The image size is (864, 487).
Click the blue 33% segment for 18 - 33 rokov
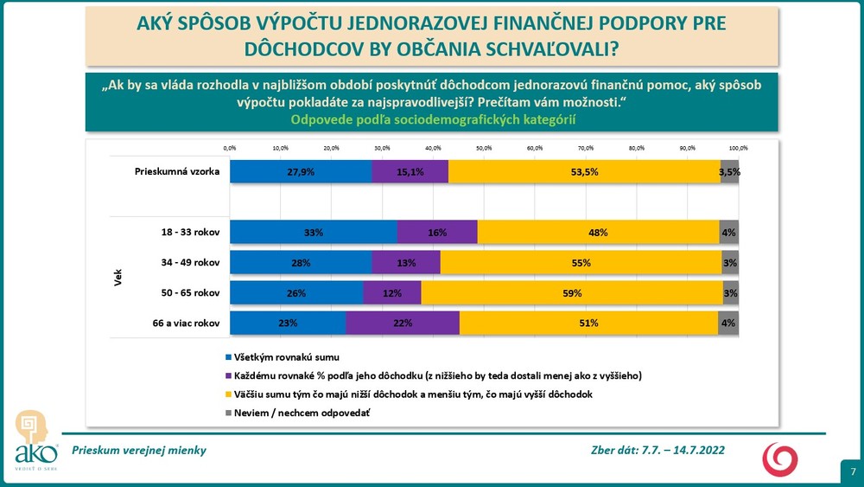click(313, 232)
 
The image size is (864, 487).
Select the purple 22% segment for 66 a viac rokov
click(402, 323)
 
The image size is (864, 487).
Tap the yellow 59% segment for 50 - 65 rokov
click(571, 292)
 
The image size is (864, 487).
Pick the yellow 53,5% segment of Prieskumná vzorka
click(584, 171)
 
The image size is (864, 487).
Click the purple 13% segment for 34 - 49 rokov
click(406, 262)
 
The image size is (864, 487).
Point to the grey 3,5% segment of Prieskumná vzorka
click(729, 171)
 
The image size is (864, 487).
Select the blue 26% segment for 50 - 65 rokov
click(296, 292)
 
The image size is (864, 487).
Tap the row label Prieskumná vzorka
click(177, 171)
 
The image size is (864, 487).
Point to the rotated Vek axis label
click(117, 278)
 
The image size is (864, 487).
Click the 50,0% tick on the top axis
click(484, 148)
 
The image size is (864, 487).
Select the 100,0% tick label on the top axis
click(738, 148)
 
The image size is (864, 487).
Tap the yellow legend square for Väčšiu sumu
click(228, 394)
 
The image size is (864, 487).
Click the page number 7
click(853, 472)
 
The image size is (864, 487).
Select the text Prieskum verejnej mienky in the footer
click(139, 451)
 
